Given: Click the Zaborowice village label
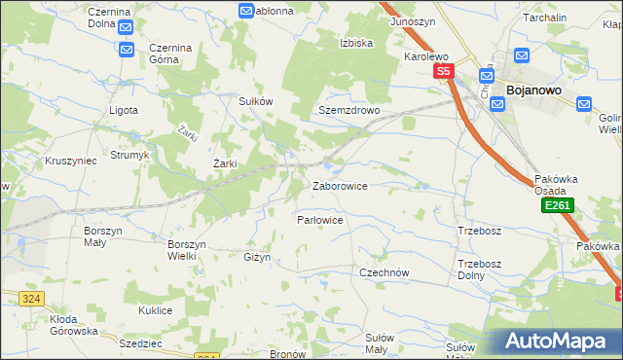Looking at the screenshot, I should tap(339, 185).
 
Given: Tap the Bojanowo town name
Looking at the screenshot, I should tap(531, 90).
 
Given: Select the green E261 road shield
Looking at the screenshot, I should tap(558, 206).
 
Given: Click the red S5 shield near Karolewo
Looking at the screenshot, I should tap(444, 71).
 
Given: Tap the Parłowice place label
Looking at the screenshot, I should tap(319, 220).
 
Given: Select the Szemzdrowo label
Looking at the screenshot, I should tap(348, 110).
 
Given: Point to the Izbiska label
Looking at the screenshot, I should tap(356, 43).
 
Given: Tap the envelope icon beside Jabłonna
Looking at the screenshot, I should tap(246, 11).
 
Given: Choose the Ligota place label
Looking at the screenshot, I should tap(124, 110).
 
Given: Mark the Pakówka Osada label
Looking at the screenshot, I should tap(557, 185).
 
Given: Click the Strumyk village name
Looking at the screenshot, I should tap(128, 154).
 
